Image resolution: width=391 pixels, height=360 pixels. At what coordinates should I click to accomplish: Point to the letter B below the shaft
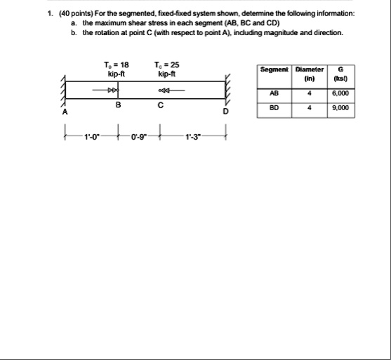pyautogui.click(x=118, y=106)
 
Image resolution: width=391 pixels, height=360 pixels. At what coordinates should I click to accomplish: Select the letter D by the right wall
pyautogui.click(x=225, y=111)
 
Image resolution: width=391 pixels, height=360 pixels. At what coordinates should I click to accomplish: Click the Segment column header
pyautogui.click(x=273, y=69)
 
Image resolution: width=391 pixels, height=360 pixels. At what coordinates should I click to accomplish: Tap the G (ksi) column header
pyautogui.click(x=340, y=74)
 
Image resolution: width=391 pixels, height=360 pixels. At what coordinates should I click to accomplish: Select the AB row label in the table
pyautogui.click(x=273, y=94)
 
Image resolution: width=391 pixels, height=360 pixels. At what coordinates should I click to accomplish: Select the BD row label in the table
pyautogui.click(x=273, y=108)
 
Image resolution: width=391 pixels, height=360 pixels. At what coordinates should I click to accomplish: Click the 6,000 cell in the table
pyautogui.click(x=342, y=94)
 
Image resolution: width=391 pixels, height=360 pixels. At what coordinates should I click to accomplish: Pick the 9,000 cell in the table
pyautogui.click(x=342, y=108)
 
